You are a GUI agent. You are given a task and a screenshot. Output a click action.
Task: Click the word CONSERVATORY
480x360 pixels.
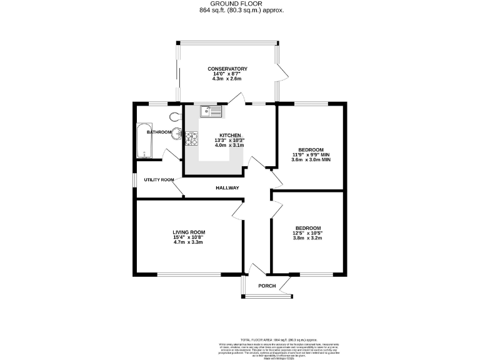tap(228, 69)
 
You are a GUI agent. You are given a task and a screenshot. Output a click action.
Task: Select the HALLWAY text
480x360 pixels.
tap(227, 188)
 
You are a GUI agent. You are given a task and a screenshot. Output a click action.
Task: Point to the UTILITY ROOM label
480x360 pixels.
tap(159, 180)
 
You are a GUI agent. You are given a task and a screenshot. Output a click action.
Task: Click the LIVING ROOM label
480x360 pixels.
tap(189, 232)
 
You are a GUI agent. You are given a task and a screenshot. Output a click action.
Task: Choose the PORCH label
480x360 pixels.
tap(267, 286)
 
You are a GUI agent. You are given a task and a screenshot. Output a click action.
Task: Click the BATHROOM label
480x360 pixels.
tap(159, 132)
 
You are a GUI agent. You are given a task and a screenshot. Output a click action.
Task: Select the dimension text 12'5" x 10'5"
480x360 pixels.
tap(308, 232)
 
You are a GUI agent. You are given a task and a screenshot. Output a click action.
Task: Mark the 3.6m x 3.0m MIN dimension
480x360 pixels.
tap(311, 160)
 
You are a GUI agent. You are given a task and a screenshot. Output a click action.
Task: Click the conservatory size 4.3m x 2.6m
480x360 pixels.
tap(228, 79)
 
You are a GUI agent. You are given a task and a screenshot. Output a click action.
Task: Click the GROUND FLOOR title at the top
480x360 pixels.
tap(241, 4)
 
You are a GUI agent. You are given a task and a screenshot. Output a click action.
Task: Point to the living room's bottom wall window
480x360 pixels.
tap(189, 274)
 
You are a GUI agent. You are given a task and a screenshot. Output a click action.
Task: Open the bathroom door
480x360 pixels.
tap(167, 154)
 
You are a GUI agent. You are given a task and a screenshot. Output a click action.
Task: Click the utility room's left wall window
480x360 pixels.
tap(135, 179)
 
